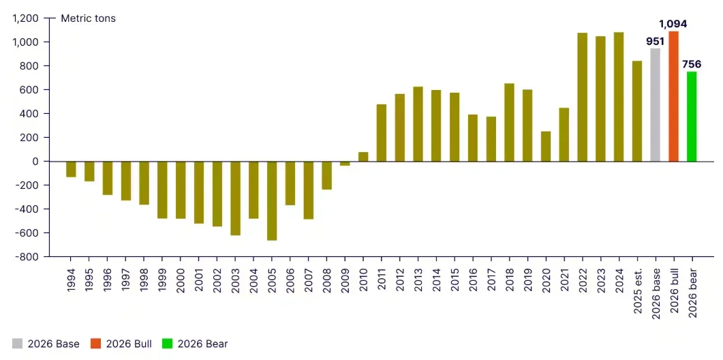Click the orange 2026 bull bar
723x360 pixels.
673,96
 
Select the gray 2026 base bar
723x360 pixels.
655,105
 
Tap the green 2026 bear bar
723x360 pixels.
692,117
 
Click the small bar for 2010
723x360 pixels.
363,157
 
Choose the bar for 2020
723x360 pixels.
546,146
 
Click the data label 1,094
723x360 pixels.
673,24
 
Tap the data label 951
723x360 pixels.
655,41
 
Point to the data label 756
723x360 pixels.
692,64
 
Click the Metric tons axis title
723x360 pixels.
88,18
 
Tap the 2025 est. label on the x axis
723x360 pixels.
637,293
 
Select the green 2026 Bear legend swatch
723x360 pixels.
167,344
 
